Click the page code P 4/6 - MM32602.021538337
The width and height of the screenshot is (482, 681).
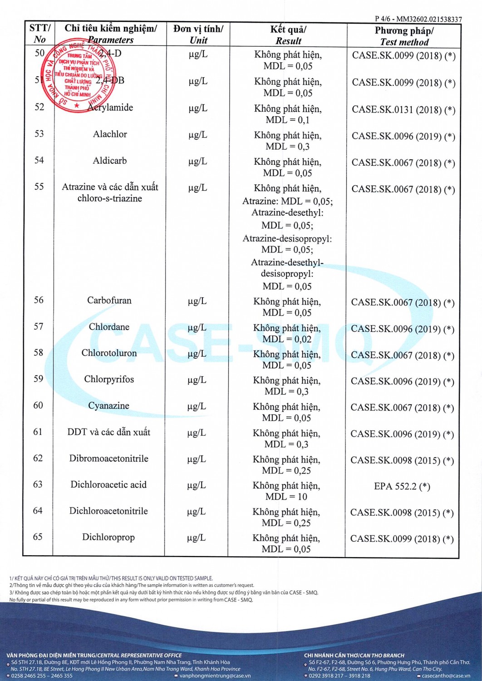[x=418, y=19]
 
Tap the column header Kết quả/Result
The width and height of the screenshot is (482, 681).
[x=288, y=35]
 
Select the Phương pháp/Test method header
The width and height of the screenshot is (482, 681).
[x=404, y=36]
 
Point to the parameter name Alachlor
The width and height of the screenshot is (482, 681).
[x=110, y=134]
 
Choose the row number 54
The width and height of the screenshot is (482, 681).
[x=39, y=160]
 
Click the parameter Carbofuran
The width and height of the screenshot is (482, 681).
[x=109, y=301]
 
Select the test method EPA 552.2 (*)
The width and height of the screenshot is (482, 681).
[x=402, y=487]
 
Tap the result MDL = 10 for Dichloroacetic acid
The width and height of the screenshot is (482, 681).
[x=286, y=497]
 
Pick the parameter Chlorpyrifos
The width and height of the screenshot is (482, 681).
[x=109, y=380]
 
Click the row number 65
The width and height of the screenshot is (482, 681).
[x=38, y=537]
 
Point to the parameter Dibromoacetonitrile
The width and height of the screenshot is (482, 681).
[x=108, y=459]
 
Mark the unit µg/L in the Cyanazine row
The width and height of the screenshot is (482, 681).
[x=197, y=406]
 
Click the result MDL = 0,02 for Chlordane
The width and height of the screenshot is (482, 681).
[x=287, y=339]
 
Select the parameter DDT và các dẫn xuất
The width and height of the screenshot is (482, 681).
[x=108, y=432]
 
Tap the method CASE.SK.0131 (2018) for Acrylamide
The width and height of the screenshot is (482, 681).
[x=403, y=110]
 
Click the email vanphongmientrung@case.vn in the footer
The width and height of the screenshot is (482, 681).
[x=215, y=676]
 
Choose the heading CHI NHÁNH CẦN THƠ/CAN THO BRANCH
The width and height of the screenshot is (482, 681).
[x=354, y=656]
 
